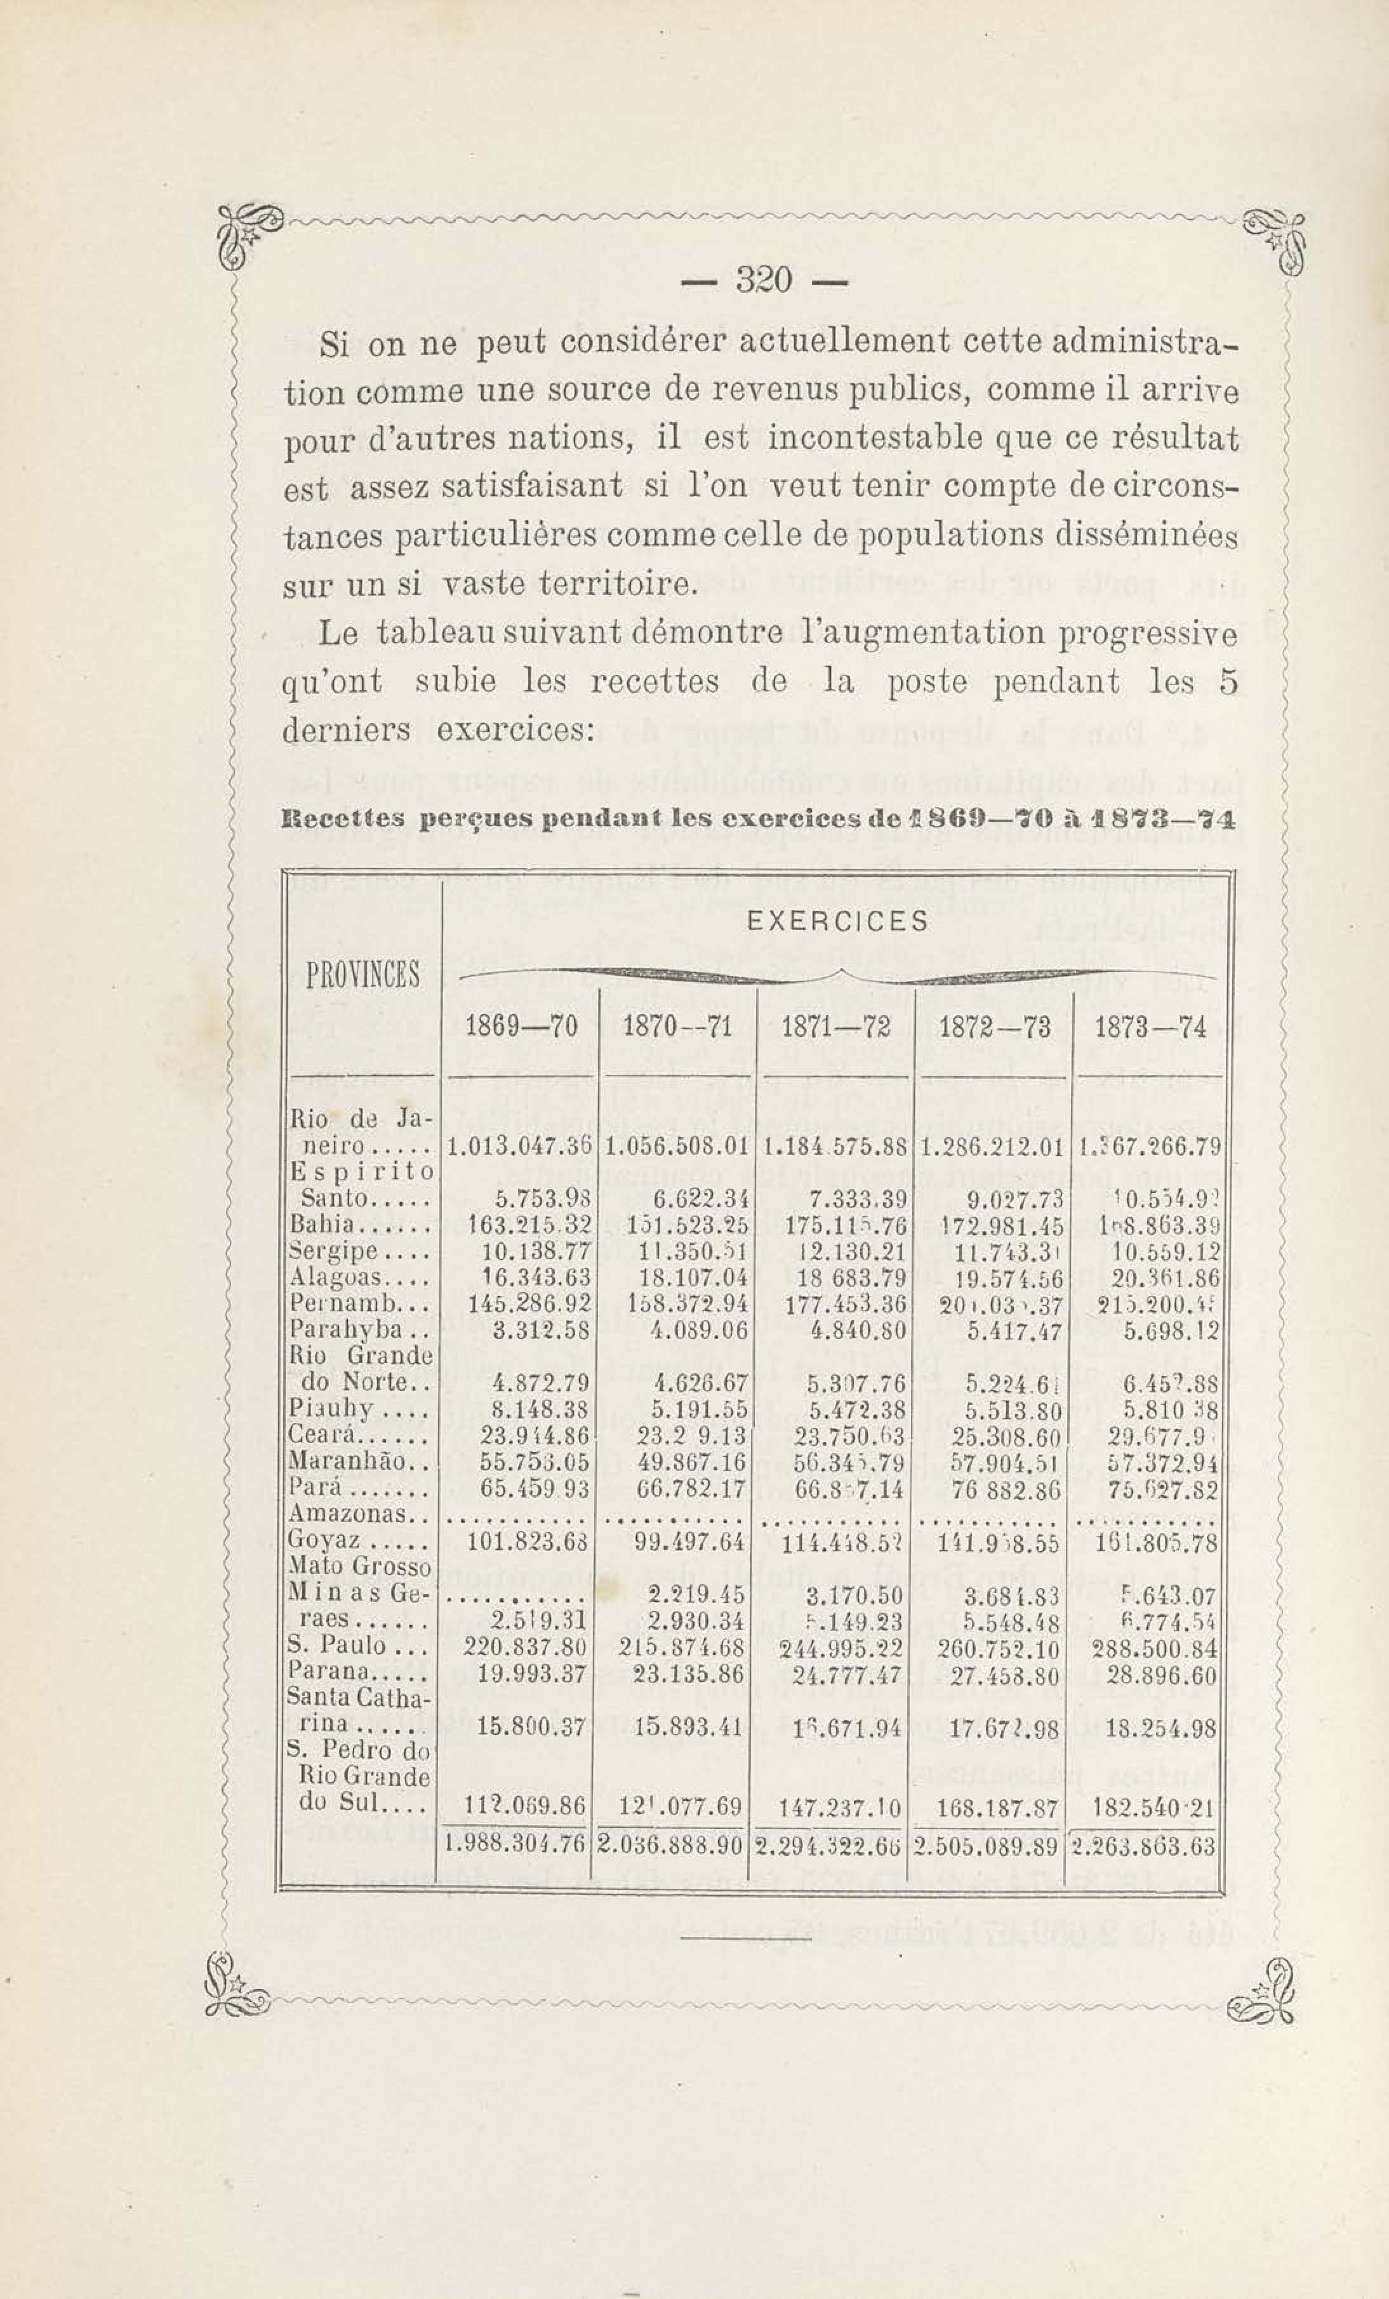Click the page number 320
(764, 281)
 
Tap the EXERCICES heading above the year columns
(839, 922)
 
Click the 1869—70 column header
(521, 1027)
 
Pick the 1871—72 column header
(836, 1027)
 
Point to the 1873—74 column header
(1150, 1027)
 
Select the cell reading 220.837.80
(525, 1648)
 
